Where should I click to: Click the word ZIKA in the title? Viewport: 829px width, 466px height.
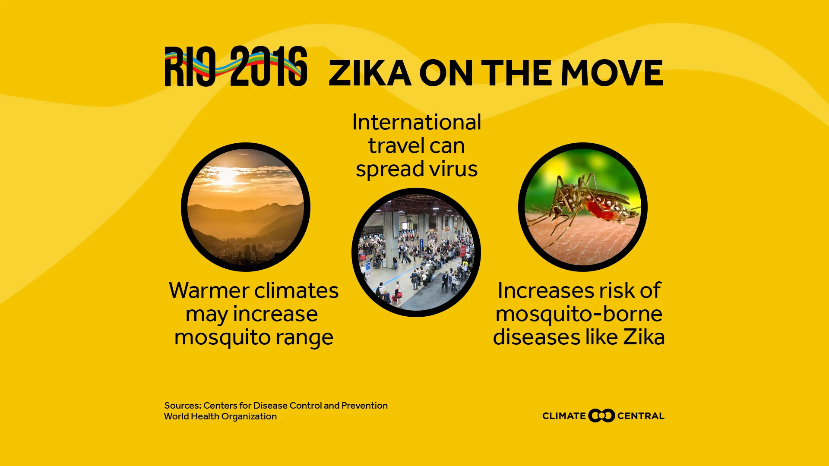coord(370,73)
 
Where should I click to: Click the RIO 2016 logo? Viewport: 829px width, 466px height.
coord(236,66)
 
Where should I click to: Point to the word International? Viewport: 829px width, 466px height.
coord(417,122)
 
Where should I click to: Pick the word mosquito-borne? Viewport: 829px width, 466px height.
coord(579,315)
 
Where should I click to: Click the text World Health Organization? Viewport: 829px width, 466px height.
coord(221,416)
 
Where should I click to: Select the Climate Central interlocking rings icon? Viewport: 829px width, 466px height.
coord(601,416)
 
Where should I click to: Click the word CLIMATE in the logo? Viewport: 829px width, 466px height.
coord(564,416)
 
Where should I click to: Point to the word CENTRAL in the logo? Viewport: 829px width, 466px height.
coord(641,416)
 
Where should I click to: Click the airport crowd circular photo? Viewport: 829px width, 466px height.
coord(416,252)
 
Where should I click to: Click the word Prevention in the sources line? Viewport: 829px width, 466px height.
coord(364,406)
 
